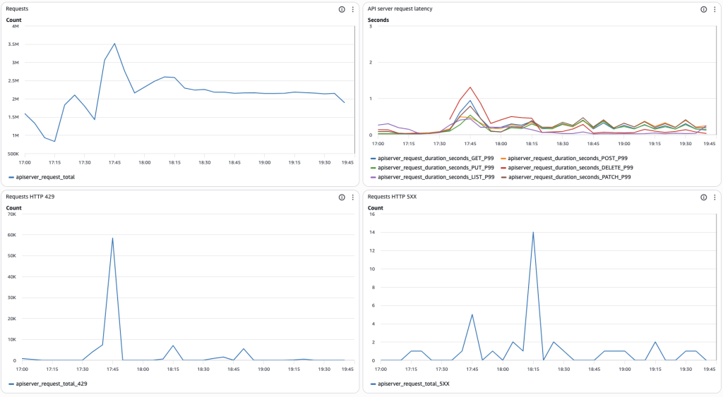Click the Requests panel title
point(18,9)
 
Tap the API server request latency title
point(400,9)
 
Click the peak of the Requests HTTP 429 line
point(112,238)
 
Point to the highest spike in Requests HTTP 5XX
point(533,232)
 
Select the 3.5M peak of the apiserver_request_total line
point(114,44)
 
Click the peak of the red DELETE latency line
point(470,87)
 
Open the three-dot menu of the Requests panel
point(352,9)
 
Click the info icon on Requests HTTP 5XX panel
point(703,197)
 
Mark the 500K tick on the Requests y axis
point(12,153)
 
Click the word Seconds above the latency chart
point(378,20)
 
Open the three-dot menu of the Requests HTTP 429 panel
point(352,197)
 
